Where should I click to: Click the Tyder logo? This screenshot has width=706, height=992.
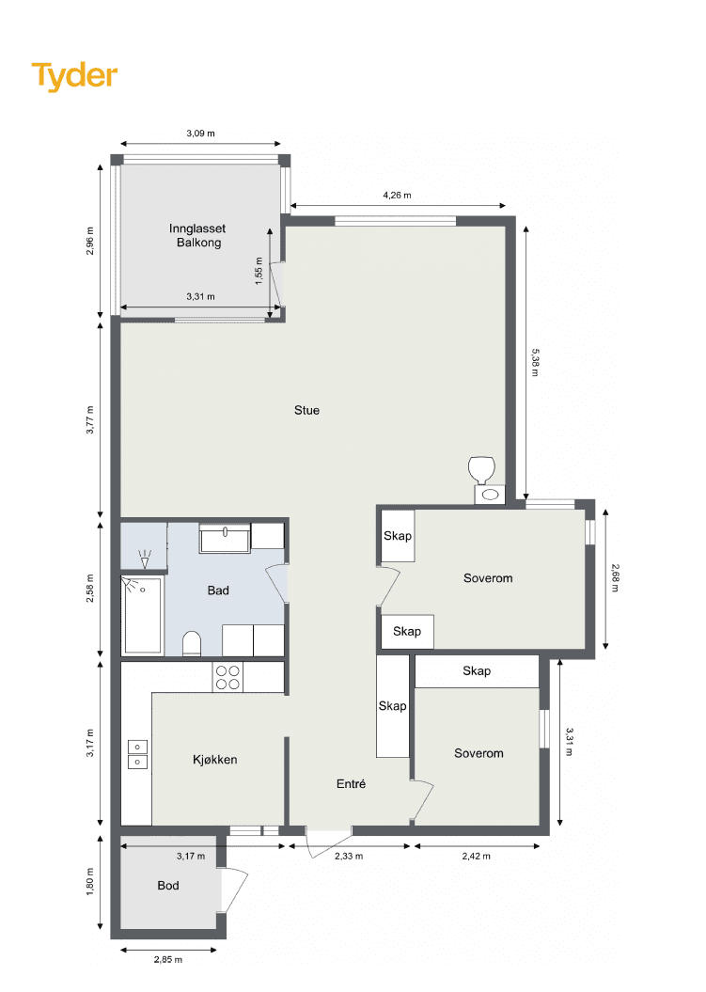tap(74, 76)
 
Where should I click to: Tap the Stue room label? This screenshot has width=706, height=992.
tap(306, 411)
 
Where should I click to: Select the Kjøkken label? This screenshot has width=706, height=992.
tap(215, 760)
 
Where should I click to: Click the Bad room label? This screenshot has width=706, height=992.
tap(218, 590)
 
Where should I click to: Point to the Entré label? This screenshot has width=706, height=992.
tap(351, 784)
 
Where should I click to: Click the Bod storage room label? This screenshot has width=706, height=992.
tap(168, 886)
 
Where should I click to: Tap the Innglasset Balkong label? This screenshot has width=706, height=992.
tap(198, 235)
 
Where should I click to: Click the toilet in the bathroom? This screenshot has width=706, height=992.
tap(192, 643)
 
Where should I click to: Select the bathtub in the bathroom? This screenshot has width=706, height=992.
tap(142, 614)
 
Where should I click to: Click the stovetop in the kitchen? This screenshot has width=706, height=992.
tap(227, 677)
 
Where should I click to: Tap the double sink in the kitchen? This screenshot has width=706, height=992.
tap(137, 754)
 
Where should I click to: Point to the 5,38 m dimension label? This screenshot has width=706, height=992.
tap(535, 363)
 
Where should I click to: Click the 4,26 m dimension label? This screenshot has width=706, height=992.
tap(398, 196)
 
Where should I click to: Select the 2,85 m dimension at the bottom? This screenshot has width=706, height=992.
tap(168, 960)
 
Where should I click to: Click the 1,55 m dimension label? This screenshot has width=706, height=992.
tap(259, 271)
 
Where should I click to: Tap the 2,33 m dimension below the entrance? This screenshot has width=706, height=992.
tap(349, 857)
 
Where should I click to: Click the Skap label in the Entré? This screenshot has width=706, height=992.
tap(392, 706)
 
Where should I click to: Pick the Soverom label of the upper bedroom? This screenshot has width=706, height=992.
tap(488, 578)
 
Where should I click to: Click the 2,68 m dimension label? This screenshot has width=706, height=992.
tap(614, 577)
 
